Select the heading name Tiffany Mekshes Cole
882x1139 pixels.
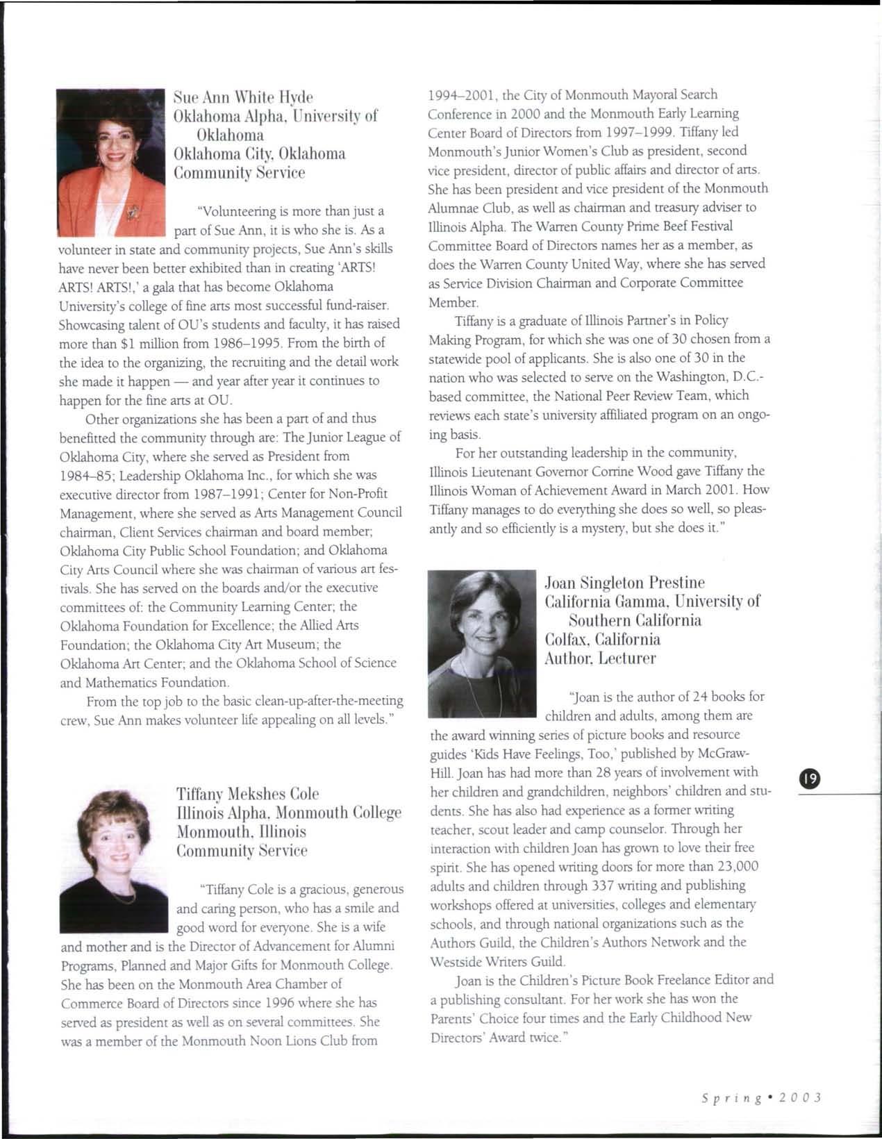point(247,794)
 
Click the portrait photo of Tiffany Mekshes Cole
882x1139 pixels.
point(114,861)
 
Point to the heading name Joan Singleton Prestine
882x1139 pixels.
point(625,582)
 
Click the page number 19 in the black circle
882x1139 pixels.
point(810,779)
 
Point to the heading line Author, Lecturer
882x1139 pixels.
point(600,658)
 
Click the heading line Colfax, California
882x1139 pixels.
point(603,639)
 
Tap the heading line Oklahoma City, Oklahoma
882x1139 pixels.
point(259,153)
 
